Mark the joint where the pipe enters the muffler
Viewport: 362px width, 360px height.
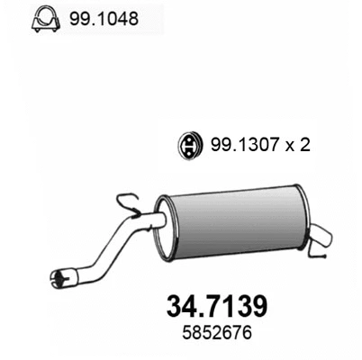158,220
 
